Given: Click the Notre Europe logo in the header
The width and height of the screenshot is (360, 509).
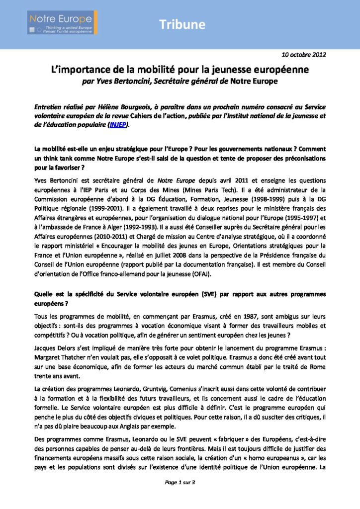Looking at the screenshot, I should pos(62,22).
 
